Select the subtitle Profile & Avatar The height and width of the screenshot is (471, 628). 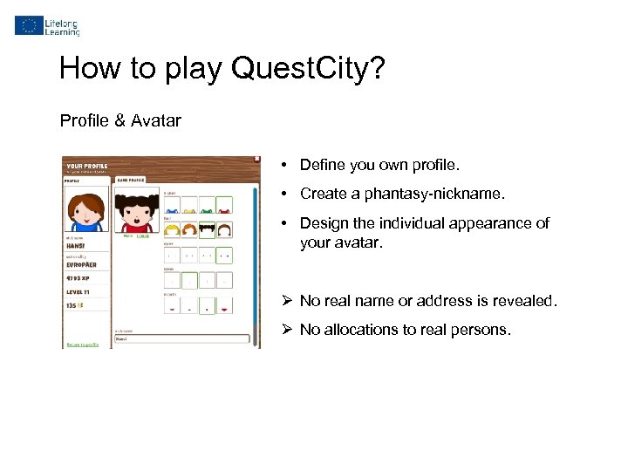(120, 121)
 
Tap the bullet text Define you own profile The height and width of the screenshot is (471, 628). (379, 165)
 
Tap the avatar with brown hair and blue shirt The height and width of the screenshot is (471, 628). (86, 214)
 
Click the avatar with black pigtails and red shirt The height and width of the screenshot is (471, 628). (138, 211)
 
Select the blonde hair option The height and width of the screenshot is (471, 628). (171, 230)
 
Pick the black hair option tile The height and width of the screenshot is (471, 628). (207, 230)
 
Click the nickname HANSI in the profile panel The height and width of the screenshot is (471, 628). (78, 244)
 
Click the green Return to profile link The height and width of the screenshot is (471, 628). (83, 345)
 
